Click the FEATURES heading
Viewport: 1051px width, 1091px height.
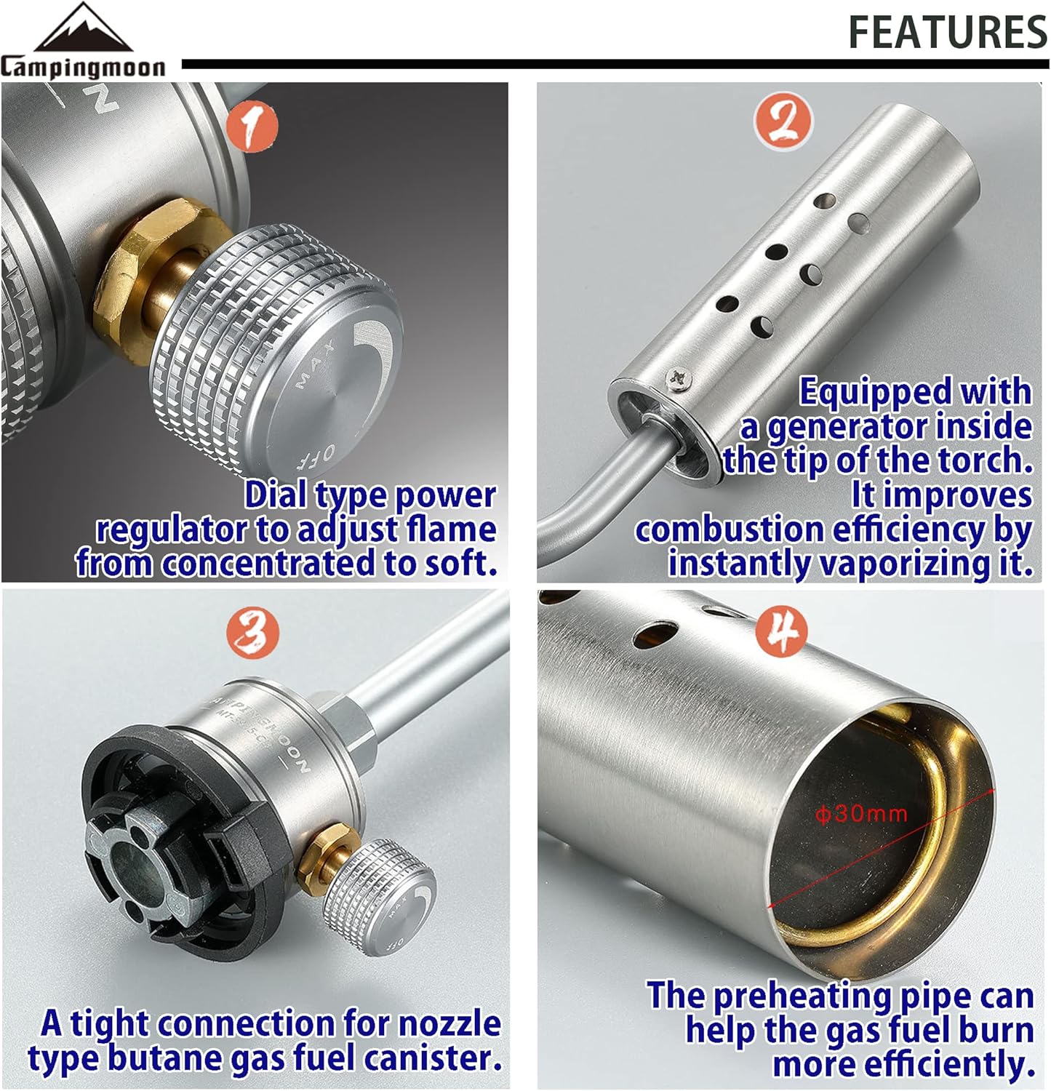point(948,32)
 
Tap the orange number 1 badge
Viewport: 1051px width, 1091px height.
point(252,126)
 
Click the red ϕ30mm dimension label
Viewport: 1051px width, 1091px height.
point(861,812)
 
